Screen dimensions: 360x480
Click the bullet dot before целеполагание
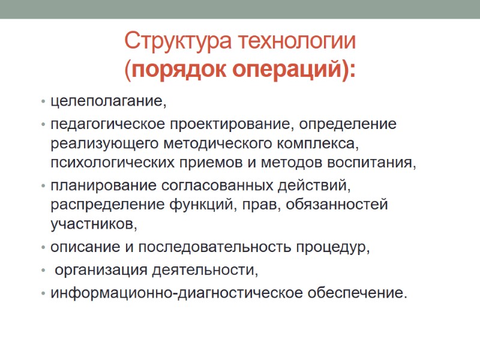44,102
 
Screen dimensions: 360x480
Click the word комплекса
317,143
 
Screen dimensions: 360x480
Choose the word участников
94,225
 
